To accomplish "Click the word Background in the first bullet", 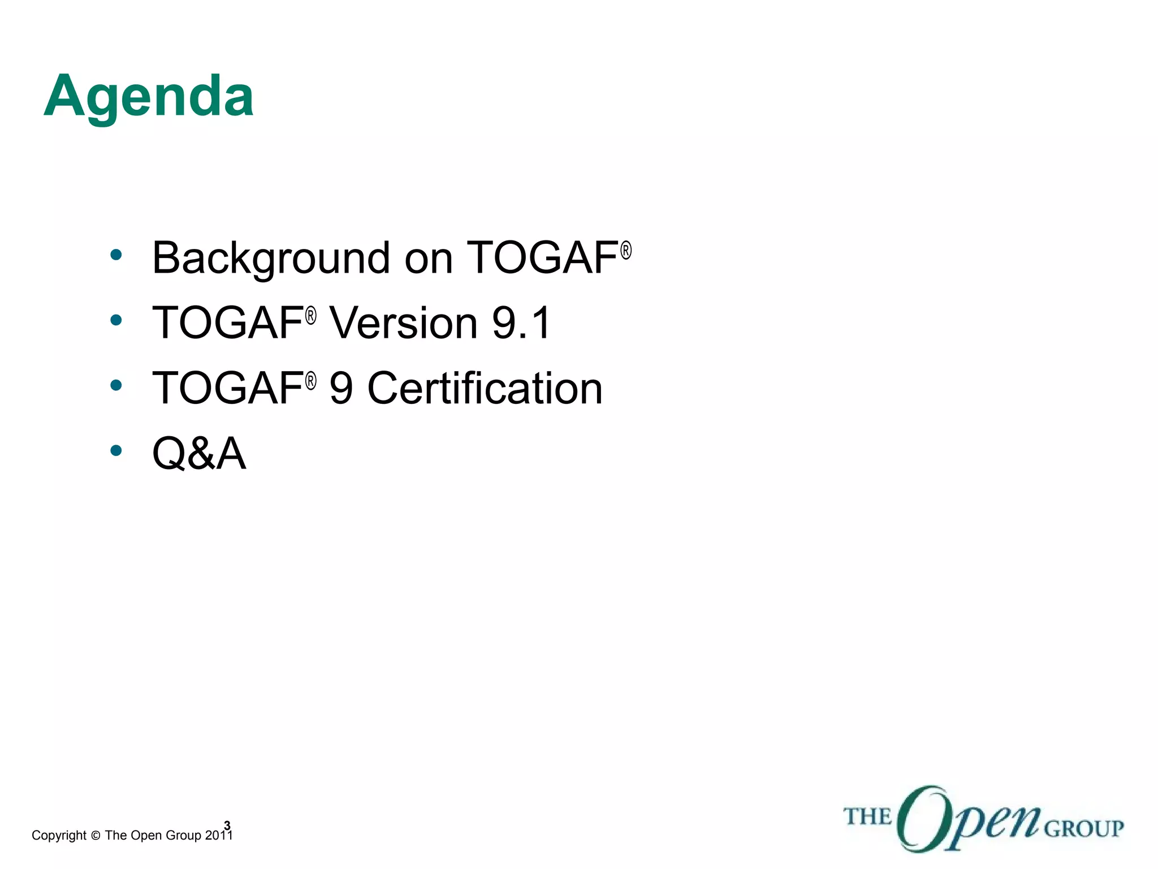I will coord(270,258).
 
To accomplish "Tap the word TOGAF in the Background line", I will coord(542,258).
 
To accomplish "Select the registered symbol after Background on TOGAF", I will coord(625,251).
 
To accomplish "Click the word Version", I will coord(404,323).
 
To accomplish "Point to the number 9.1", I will coord(520,323).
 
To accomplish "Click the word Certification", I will coord(485,389).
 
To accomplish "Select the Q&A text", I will coord(199,453).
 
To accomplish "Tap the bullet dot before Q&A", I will coord(116,450).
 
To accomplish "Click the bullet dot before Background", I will coord(116,255).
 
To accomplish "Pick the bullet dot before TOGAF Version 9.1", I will coord(116,320).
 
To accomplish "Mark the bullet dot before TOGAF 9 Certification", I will coord(116,386).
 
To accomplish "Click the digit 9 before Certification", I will coord(341,389).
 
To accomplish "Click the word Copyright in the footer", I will coord(59,835).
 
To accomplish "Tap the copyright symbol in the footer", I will coord(95,836).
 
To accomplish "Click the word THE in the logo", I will coord(867,817).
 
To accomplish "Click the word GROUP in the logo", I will coord(1083,829).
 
